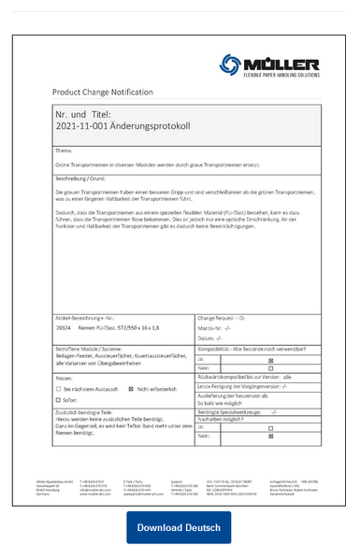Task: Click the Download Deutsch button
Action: point(179,528)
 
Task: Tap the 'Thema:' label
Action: point(64,150)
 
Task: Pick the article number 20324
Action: point(64,328)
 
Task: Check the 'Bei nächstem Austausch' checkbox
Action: point(58,387)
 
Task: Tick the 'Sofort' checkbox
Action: point(58,400)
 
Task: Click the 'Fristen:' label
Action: point(65,377)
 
